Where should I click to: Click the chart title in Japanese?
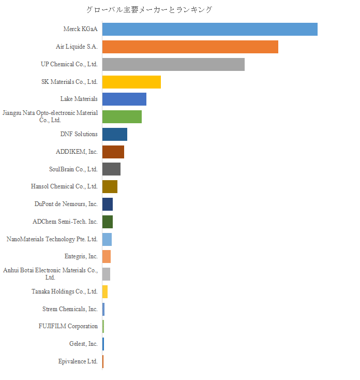tap(149, 9)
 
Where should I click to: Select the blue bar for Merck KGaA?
tap(209, 30)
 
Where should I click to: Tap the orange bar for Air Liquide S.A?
tap(190, 47)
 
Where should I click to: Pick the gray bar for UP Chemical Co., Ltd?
tap(173, 64)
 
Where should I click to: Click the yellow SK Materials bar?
tap(131, 82)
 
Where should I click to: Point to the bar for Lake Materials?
tap(124, 99)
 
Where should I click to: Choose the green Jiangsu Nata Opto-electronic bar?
tap(122, 116)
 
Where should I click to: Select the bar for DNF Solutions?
tap(114, 134)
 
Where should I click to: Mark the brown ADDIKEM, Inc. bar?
tap(113, 152)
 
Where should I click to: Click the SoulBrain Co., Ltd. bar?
tap(111, 169)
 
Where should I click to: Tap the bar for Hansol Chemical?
tap(110, 186)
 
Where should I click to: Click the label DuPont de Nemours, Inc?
tap(66, 204)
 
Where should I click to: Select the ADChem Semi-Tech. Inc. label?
tap(65, 222)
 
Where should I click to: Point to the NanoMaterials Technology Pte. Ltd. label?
tap(52, 239)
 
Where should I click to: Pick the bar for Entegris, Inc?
tap(107, 256)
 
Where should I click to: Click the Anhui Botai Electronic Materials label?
tap(50, 274)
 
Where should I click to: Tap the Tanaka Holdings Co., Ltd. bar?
tap(105, 291)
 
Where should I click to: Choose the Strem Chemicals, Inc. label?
tap(70, 309)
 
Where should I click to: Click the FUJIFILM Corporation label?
tap(68, 326)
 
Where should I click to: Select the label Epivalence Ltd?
tap(78, 361)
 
